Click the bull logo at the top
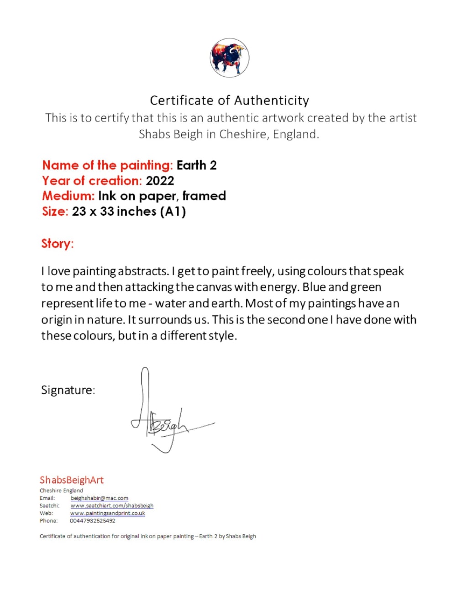(229, 58)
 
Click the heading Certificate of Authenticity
(229, 100)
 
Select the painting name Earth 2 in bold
(196, 165)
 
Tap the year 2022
(160, 181)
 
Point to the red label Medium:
(68, 196)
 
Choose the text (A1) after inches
(173, 212)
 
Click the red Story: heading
(58, 243)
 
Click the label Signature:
(68, 390)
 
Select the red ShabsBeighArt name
(72, 480)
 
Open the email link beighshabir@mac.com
(100, 498)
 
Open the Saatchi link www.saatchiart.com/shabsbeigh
(112, 506)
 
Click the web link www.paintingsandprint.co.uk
(108, 513)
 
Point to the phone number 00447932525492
(93, 521)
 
